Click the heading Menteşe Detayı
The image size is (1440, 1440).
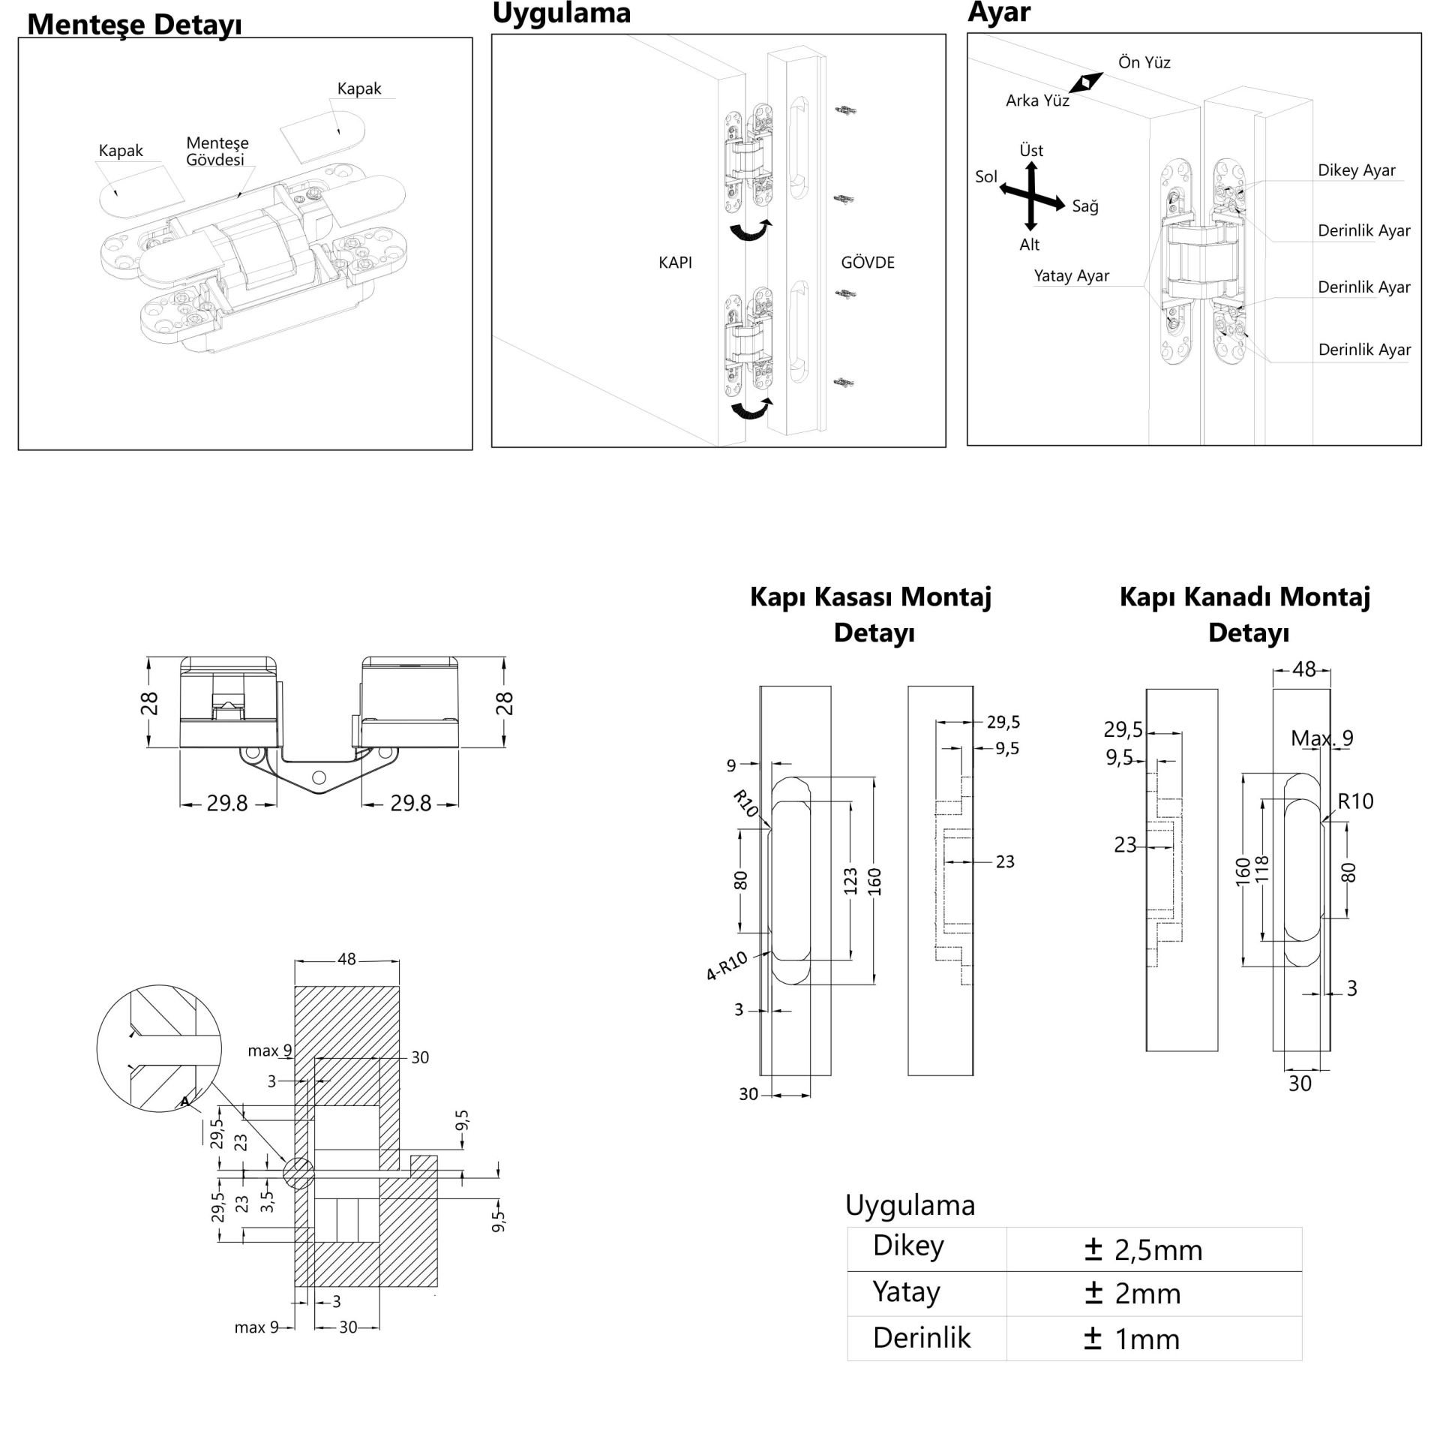pyautogui.click(x=134, y=25)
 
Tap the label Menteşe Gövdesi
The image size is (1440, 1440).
pyautogui.click(x=217, y=151)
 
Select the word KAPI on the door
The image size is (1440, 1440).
pyautogui.click(x=675, y=263)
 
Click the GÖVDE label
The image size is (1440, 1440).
pyautogui.click(x=868, y=263)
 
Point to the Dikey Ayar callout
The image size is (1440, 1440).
pyautogui.click(x=1356, y=170)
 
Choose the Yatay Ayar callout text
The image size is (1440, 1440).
pyautogui.click(x=1071, y=276)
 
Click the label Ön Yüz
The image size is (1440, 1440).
pyautogui.click(x=1144, y=62)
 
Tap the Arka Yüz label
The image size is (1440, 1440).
pyautogui.click(x=1037, y=101)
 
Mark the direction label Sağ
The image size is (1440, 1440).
pyautogui.click(x=1085, y=206)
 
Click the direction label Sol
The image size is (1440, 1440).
pyautogui.click(x=985, y=177)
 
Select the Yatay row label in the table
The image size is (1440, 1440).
pyautogui.click(x=906, y=1292)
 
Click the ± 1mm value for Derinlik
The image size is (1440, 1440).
pyautogui.click(x=1132, y=1339)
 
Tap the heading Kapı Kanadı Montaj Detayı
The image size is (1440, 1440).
pyautogui.click(x=1245, y=615)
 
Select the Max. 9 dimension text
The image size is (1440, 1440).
pyautogui.click(x=1321, y=738)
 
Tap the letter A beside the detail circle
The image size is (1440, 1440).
pyautogui.click(x=184, y=1101)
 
